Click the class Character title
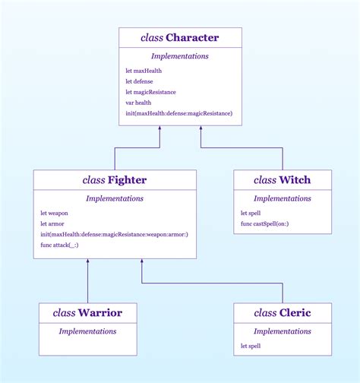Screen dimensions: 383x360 (x=180, y=37)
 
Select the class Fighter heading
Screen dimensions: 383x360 (x=115, y=180)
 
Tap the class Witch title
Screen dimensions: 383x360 (x=282, y=180)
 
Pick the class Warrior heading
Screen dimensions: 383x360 (x=87, y=312)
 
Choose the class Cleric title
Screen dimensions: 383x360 (x=282, y=312)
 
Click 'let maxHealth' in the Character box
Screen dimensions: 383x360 (x=144, y=71)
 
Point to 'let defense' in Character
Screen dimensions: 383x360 (x=140, y=81)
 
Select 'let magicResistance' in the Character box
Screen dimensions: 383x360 (x=151, y=92)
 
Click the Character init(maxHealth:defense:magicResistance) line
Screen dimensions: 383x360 (x=179, y=113)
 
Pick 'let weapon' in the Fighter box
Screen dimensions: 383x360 (x=54, y=213)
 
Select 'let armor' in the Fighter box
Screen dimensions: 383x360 (x=52, y=223)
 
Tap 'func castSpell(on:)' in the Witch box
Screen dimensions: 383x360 (x=266, y=223)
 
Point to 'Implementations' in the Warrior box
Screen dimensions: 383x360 (x=87, y=331)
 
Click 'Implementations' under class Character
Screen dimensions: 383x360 (x=180, y=56)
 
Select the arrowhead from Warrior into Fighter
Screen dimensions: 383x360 (x=87, y=262)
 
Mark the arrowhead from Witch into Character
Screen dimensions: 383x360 (x=201, y=129)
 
